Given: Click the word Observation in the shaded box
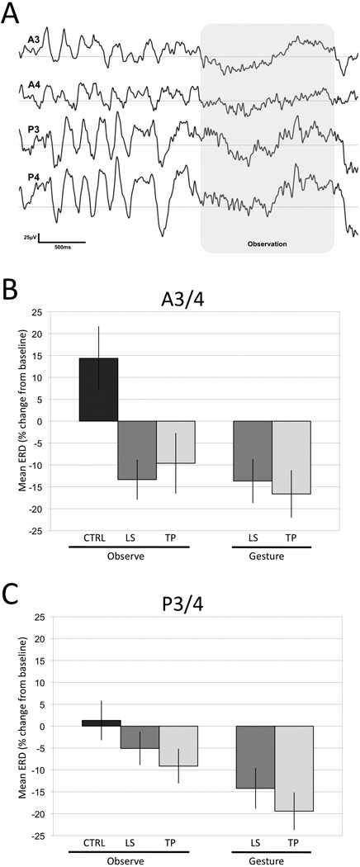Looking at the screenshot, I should [x=266, y=245].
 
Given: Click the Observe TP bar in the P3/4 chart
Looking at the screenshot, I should [x=175, y=746].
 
